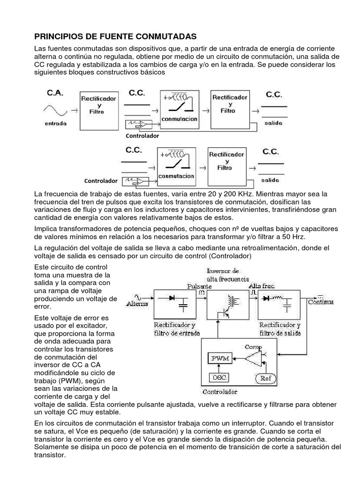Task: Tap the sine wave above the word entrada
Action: click(55, 111)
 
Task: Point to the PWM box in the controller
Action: click(220, 358)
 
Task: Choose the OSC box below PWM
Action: click(218, 377)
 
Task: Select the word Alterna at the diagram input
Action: click(139, 304)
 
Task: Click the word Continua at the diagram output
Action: click(321, 302)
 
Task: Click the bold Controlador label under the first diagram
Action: click(142, 136)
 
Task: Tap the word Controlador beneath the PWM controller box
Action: click(220, 392)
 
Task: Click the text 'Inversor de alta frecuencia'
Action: click(223, 274)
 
